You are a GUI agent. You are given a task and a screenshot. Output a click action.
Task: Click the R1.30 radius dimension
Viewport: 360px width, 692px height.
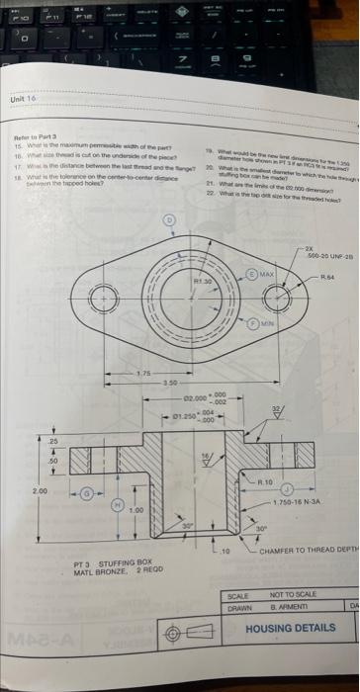[203, 255]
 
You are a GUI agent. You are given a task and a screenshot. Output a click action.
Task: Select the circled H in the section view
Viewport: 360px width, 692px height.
[122, 505]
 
